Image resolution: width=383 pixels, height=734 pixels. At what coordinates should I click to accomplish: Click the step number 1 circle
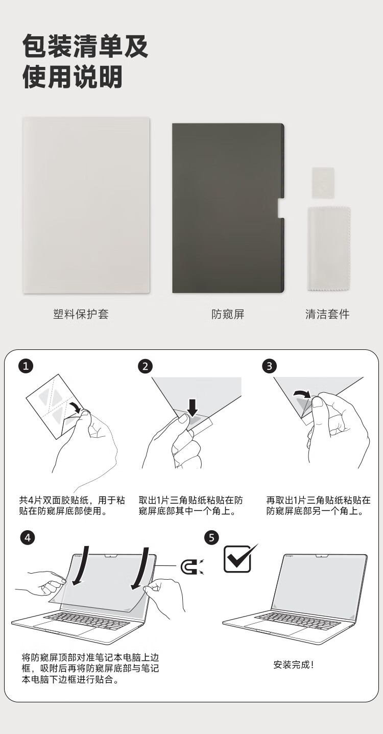[x=26, y=366]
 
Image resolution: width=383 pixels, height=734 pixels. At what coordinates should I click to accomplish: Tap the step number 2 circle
[x=145, y=366]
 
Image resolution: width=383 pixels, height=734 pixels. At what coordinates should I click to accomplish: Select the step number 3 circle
[x=269, y=366]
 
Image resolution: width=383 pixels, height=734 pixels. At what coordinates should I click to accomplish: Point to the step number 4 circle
[x=28, y=538]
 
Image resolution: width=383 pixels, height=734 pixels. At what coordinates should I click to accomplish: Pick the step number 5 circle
[x=211, y=538]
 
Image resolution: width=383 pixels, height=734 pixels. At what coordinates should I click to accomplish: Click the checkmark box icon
[x=239, y=559]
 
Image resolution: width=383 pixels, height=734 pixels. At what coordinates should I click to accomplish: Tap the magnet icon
[x=192, y=566]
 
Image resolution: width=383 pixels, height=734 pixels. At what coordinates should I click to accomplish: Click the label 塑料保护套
[x=81, y=314]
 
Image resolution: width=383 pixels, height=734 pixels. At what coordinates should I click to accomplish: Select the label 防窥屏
[x=228, y=314]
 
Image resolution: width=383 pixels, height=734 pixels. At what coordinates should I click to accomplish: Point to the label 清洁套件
[x=327, y=314]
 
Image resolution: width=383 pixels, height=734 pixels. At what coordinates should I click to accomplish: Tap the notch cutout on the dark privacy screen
[x=280, y=208]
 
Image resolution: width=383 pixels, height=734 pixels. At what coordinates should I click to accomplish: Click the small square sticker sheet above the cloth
[x=323, y=183]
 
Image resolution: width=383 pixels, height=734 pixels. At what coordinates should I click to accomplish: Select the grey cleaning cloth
[x=329, y=249]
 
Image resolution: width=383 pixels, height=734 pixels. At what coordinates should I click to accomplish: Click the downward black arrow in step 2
[x=193, y=408]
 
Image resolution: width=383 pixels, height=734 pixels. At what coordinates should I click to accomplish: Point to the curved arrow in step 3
[x=301, y=393]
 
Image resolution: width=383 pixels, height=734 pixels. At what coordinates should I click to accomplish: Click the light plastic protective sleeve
[x=86, y=205]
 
